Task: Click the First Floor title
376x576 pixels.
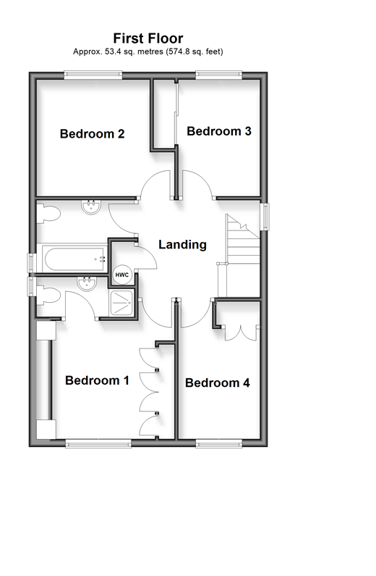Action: click(x=148, y=38)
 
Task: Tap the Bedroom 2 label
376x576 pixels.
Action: click(x=92, y=134)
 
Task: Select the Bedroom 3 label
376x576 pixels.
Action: click(x=219, y=131)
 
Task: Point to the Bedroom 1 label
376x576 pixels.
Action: click(x=97, y=380)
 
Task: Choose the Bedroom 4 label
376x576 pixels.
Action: click(x=218, y=383)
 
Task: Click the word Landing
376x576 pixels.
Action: click(x=182, y=245)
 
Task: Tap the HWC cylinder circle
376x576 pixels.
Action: click(x=122, y=275)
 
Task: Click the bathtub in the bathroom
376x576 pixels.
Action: click(x=74, y=259)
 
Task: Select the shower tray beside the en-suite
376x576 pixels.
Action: click(x=121, y=302)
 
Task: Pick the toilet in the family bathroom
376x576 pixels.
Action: click(x=48, y=214)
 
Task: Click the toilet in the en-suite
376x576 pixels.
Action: click(x=48, y=296)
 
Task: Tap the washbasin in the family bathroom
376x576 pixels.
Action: click(x=91, y=206)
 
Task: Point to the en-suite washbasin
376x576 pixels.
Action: click(x=87, y=283)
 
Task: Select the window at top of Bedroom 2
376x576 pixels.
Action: click(x=93, y=75)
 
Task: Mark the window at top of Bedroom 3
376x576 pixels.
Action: click(x=219, y=75)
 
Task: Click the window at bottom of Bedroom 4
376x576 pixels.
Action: click(x=219, y=444)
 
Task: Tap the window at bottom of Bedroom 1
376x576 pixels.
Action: click(x=98, y=444)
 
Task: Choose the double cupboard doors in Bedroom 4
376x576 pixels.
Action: click(x=240, y=333)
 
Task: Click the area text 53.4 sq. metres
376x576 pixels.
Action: click(x=134, y=51)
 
